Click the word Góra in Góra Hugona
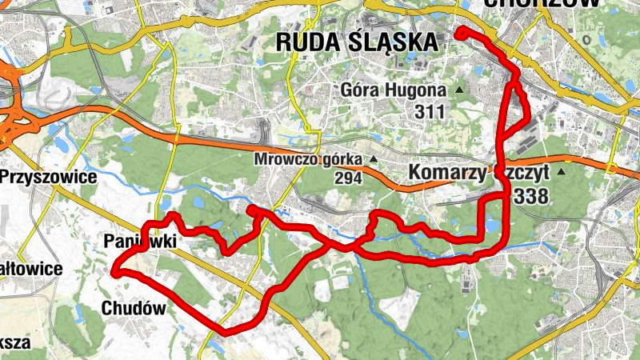[x=359, y=89]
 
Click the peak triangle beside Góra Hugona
[x=459, y=90]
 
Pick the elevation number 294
[x=348, y=178]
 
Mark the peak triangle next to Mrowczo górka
[x=374, y=159]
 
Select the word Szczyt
[x=527, y=172]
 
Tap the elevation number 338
[x=533, y=195]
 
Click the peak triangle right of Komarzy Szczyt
[x=562, y=171]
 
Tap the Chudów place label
[x=133, y=308]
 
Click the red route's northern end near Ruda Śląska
[x=460, y=32]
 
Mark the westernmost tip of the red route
[x=115, y=272]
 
